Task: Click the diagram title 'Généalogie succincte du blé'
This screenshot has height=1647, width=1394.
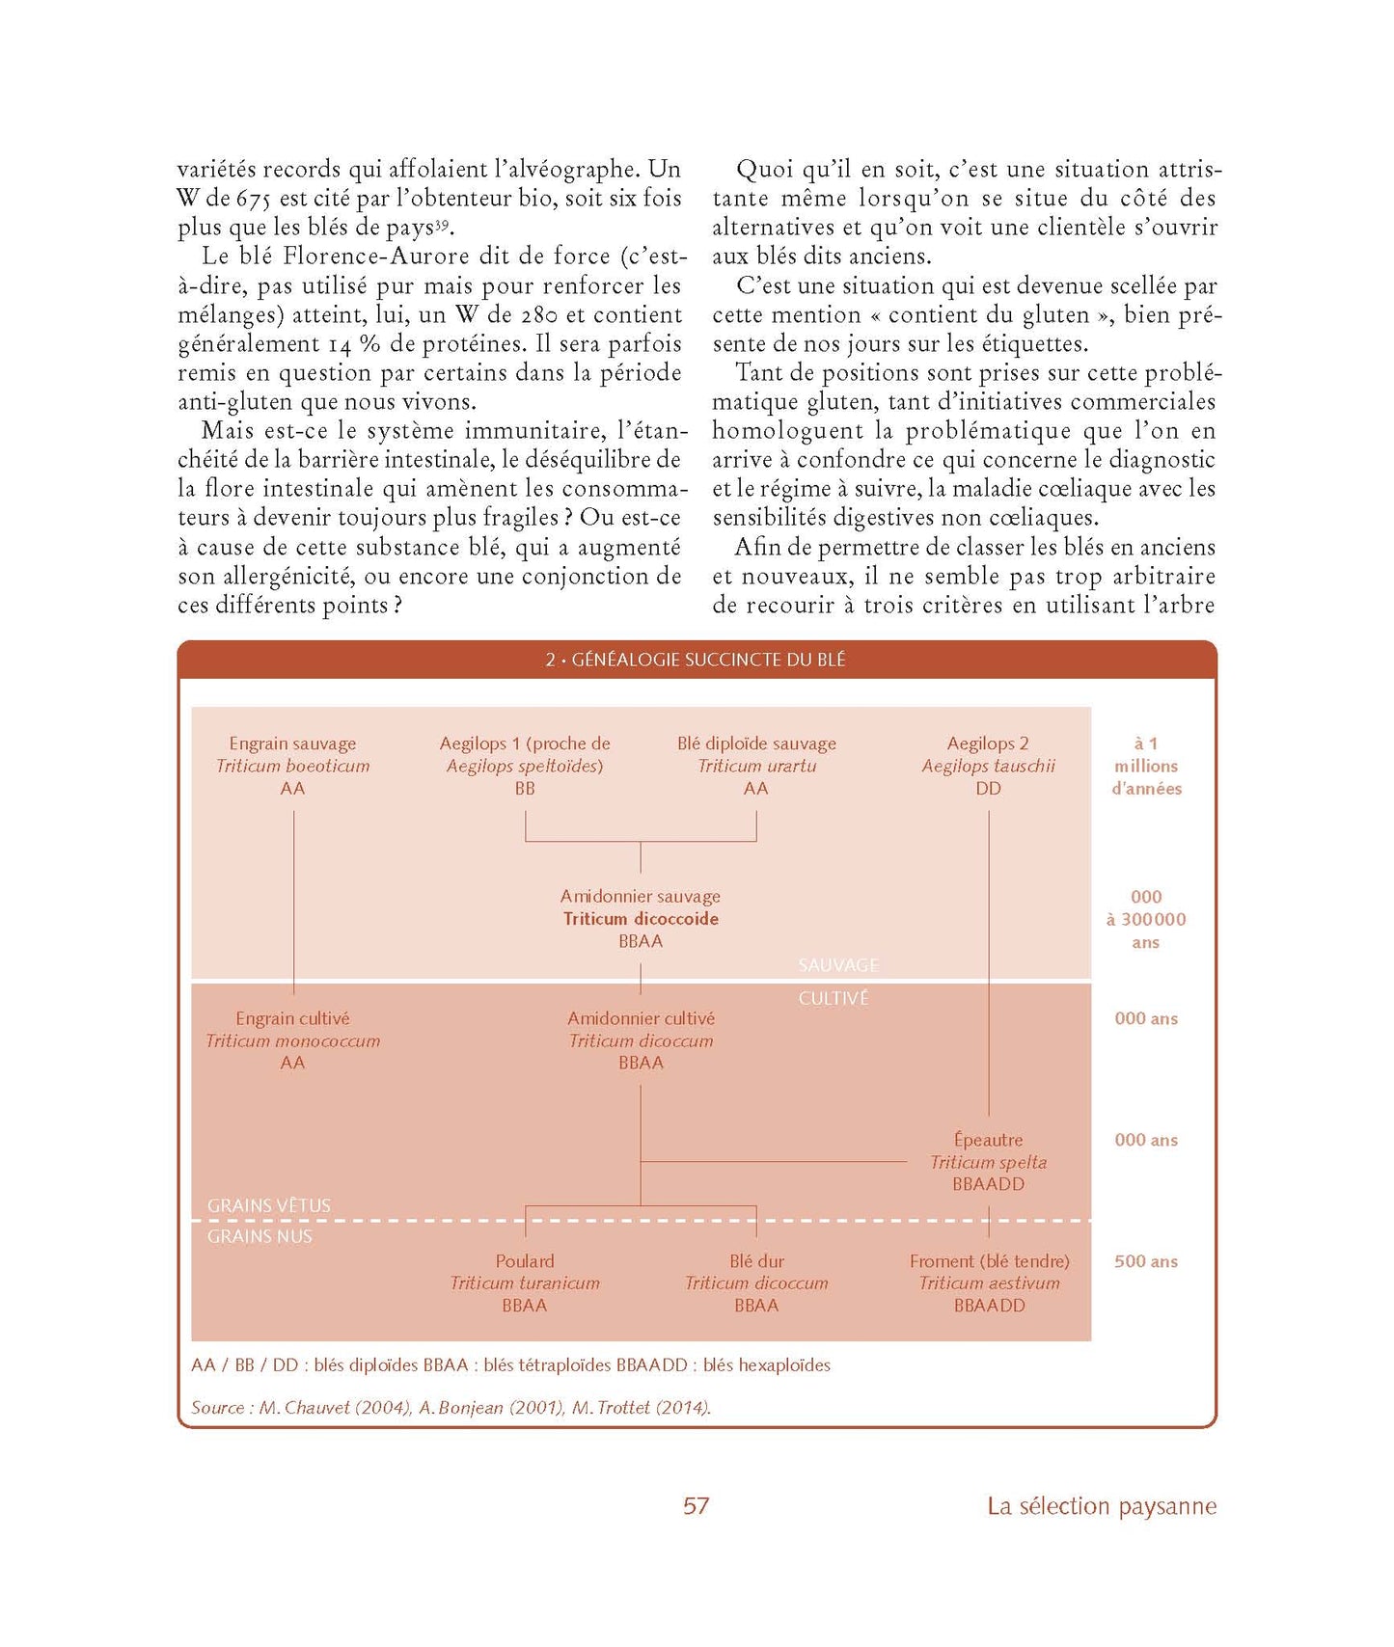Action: [x=696, y=660]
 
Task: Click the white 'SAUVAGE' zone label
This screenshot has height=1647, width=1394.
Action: [x=838, y=965]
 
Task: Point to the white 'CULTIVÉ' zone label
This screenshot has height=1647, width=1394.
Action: [x=834, y=999]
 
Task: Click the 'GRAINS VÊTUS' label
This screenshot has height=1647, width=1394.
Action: [x=269, y=1205]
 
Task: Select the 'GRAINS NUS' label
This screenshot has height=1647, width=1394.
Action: [x=260, y=1236]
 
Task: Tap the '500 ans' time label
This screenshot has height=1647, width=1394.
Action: [x=1146, y=1261]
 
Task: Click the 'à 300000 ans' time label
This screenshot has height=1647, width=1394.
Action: [x=1146, y=920]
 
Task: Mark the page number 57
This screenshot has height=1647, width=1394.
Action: [x=696, y=1506]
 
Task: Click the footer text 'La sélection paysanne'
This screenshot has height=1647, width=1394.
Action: [x=1102, y=1506]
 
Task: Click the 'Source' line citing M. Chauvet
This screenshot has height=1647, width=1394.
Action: [x=451, y=1408]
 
